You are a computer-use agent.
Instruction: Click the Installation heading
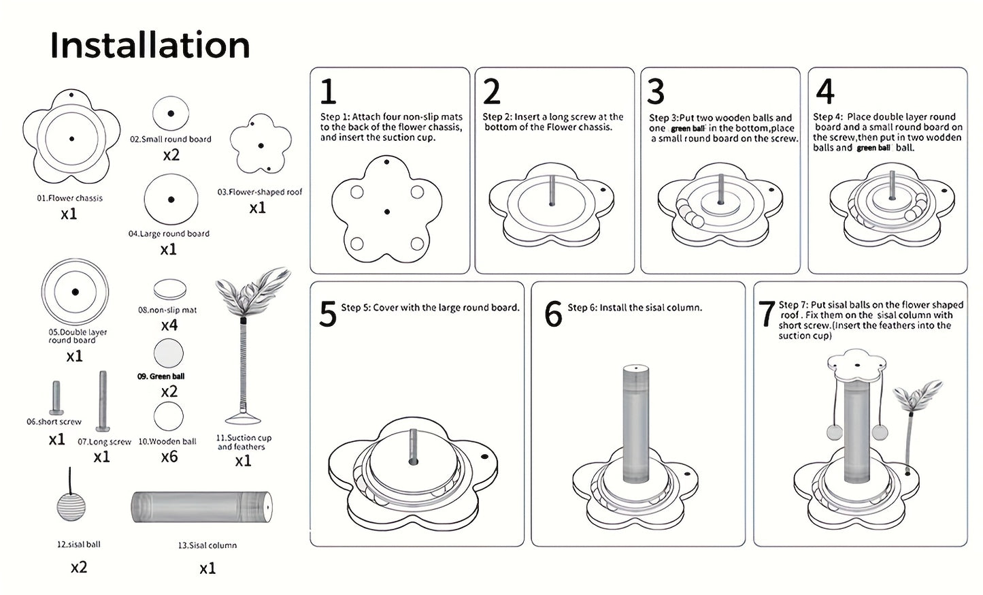pyautogui.click(x=150, y=45)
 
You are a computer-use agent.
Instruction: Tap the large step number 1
pyautogui.click(x=328, y=91)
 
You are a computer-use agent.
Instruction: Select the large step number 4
pyautogui.click(x=825, y=91)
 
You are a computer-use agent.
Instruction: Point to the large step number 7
pyautogui.click(x=766, y=314)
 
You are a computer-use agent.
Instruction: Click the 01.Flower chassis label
pyautogui.click(x=70, y=198)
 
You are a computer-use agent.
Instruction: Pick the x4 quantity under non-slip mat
pyautogui.click(x=169, y=325)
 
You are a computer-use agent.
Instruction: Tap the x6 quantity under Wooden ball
pyautogui.click(x=169, y=457)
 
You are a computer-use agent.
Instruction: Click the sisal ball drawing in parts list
pyautogui.click(x=71, y=494)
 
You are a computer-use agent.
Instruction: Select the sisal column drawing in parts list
pyautogui.click(x=202, y=507)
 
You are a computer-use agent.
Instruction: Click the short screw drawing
pyautogui.click(x=56, y=398)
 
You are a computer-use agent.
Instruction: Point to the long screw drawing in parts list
pyautogui.click(x=103, y=401)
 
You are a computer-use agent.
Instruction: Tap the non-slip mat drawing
pyautogui.click(x=170, y=289)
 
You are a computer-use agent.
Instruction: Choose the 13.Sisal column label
pyautogui.click(x=207, y=545)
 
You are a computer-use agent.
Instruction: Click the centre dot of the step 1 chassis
pyautogui.click(x=386, y=212)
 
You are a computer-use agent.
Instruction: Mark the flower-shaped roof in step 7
pyautogui.click(x=856, y=366)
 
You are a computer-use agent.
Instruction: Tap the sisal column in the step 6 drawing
pyautogui.click(x=636, y=423)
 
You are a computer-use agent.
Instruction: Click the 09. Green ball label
pyautogui.click(x=161, y=376)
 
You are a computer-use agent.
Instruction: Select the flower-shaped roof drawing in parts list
pyautogui.click(x=261, y=144)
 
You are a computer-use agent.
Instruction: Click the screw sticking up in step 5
pyautogui.click(x=414, y=447)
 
